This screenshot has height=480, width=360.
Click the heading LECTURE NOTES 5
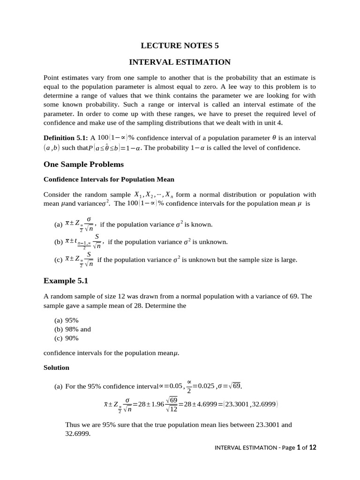pos(180,45)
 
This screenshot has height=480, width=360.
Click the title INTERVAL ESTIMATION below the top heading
pos(180,62)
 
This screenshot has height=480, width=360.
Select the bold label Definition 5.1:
pos(65,138)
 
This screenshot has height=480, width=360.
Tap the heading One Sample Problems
pos(83,164)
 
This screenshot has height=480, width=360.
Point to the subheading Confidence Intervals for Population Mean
pos(109,179)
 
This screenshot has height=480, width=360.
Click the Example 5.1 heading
pos(66,281)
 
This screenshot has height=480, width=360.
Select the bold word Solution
pos(56,367)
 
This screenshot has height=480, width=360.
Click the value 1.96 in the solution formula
pos(158,404)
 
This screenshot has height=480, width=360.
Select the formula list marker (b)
pos(59,242)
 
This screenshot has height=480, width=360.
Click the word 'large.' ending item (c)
pos(288,260)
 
